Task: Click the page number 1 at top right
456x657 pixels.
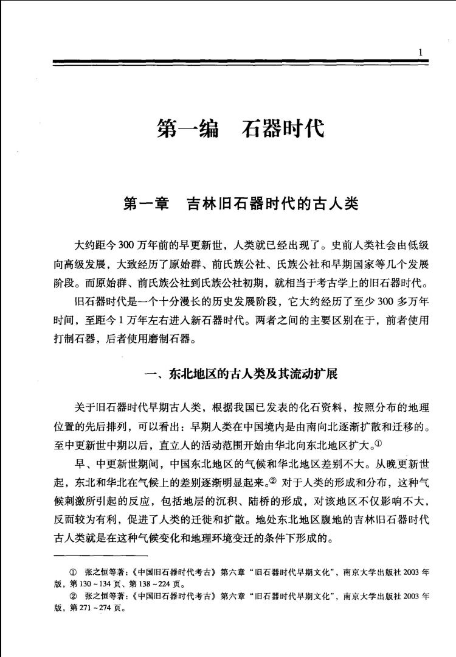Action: pyautogui.click(x=420, y=52)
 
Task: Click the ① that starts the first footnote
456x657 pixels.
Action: pyautogui.click(x=75, y=573)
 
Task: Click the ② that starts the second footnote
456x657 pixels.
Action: pyautogui.click(x=75, y=597)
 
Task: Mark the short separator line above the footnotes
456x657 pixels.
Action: pyautogui.click(x=100, y=555)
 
